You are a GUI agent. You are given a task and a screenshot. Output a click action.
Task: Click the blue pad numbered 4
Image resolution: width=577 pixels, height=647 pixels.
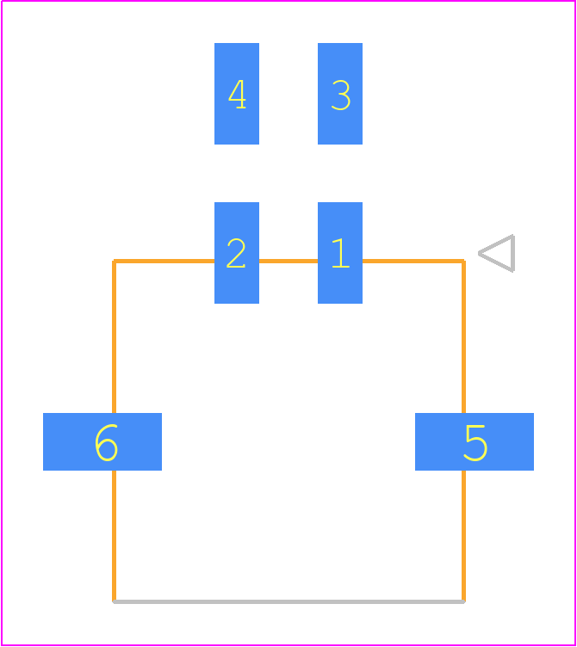(x=237, y=94)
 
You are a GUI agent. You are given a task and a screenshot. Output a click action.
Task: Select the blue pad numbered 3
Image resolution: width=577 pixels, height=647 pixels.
(x=340, y=94)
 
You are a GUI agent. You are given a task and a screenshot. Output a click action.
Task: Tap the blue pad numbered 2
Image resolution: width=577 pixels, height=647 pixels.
(x=237, y=253)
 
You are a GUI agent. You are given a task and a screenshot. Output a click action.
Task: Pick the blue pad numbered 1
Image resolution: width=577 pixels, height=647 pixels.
(x=340, y=253)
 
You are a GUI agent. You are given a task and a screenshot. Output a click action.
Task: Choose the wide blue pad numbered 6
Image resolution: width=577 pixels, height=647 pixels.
(x=102, y=441)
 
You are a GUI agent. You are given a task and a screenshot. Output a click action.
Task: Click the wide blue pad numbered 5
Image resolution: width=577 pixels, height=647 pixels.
(x=475, y=441)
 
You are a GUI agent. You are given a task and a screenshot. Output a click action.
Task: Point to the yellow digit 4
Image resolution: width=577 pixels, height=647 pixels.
(x=237, y=94)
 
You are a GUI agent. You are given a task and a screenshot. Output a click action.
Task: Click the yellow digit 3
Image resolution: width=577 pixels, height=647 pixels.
(x=341, y=95)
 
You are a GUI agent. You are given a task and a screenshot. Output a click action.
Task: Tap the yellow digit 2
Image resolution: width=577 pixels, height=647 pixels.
(x=236, y=253)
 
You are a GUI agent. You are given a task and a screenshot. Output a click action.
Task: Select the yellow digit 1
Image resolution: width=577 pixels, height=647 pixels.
(x=341, y=253)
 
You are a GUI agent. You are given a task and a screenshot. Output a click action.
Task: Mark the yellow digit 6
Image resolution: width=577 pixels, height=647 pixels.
(x=107, y=443)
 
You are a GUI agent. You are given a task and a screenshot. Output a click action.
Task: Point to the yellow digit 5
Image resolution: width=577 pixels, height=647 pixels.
(x=475, y=443)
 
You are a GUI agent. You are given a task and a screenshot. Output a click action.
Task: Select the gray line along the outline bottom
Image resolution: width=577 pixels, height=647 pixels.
(x=288, y=601)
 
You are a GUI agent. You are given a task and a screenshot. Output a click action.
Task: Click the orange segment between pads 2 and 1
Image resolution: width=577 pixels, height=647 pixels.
(x=288, y=261)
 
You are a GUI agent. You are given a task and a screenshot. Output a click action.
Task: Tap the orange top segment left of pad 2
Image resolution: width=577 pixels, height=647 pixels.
(x=164, y=261)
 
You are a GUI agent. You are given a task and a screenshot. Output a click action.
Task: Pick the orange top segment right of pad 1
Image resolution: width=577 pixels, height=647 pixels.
(x=413, y=261)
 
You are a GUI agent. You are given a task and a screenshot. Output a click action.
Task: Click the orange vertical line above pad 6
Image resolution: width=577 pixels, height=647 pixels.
(x=114, y=336)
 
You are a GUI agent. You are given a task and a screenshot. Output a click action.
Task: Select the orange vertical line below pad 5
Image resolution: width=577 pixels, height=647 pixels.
(x=463, y=536)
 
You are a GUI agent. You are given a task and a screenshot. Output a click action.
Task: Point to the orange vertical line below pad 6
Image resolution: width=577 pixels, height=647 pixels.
(x=114, y=536)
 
